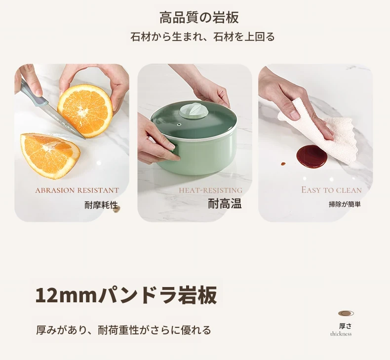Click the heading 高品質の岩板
[x=199, y=17]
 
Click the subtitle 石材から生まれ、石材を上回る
[x=202, y=36]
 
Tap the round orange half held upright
[x=85, y=110]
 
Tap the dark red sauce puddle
[x=312, y=157]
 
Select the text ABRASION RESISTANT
[x=77, y=190]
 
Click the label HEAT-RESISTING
[x=211, y=190]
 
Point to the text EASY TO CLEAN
[x=331, y=190]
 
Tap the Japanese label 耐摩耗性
[x=101, y=205]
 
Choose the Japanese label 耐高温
[x=225, y=204]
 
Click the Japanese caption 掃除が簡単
[x=345, y=204]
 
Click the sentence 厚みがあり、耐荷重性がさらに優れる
[x=123, y=330]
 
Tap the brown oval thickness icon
[x=346, y=314]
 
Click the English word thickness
[x=341, y=334]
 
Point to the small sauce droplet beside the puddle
[x=283, y=164]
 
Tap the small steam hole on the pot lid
[x=178, y=124]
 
